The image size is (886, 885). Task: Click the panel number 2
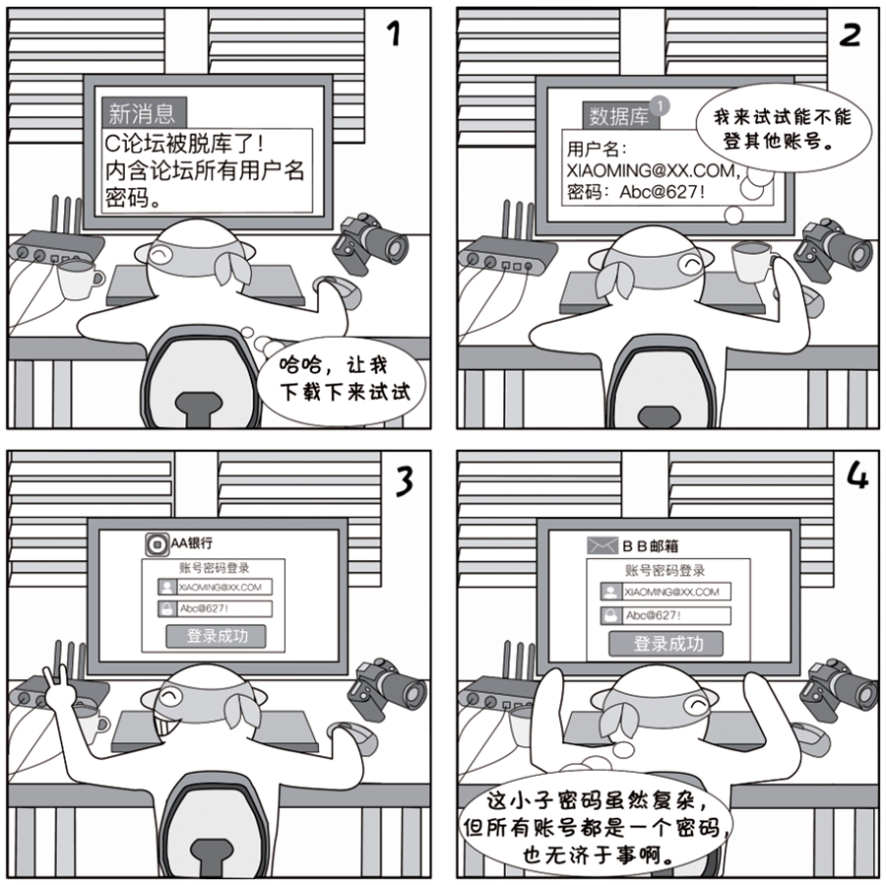click(849, 35)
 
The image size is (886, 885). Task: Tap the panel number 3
click(404, 482)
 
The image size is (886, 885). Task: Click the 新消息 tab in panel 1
click(144, 113)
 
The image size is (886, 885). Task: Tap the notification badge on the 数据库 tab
click(660, 105)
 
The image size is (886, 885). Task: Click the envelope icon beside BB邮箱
click(601, 545)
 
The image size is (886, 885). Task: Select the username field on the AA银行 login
click(215, 587)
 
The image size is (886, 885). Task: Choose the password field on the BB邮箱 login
click(665, 615)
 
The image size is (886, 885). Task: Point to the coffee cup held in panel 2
click(754, 261)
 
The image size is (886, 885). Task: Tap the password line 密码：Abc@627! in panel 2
click(636, 192)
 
